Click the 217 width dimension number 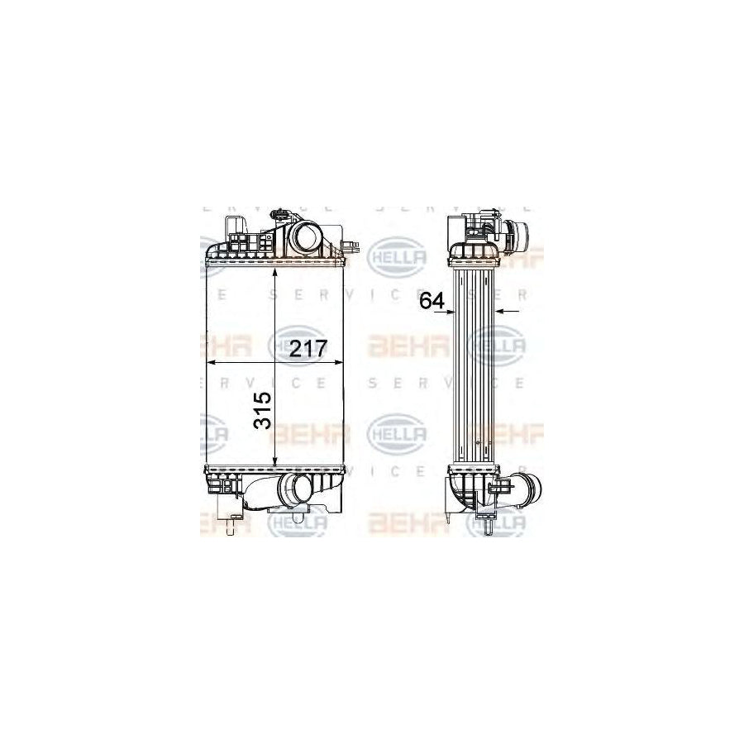click(x=308, y=348)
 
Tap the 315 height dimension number click(x=263, y=411)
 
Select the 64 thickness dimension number click(x=432, y=300)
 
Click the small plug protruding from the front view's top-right click(x=353, y=245)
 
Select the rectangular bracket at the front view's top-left click(x=234, y=227)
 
